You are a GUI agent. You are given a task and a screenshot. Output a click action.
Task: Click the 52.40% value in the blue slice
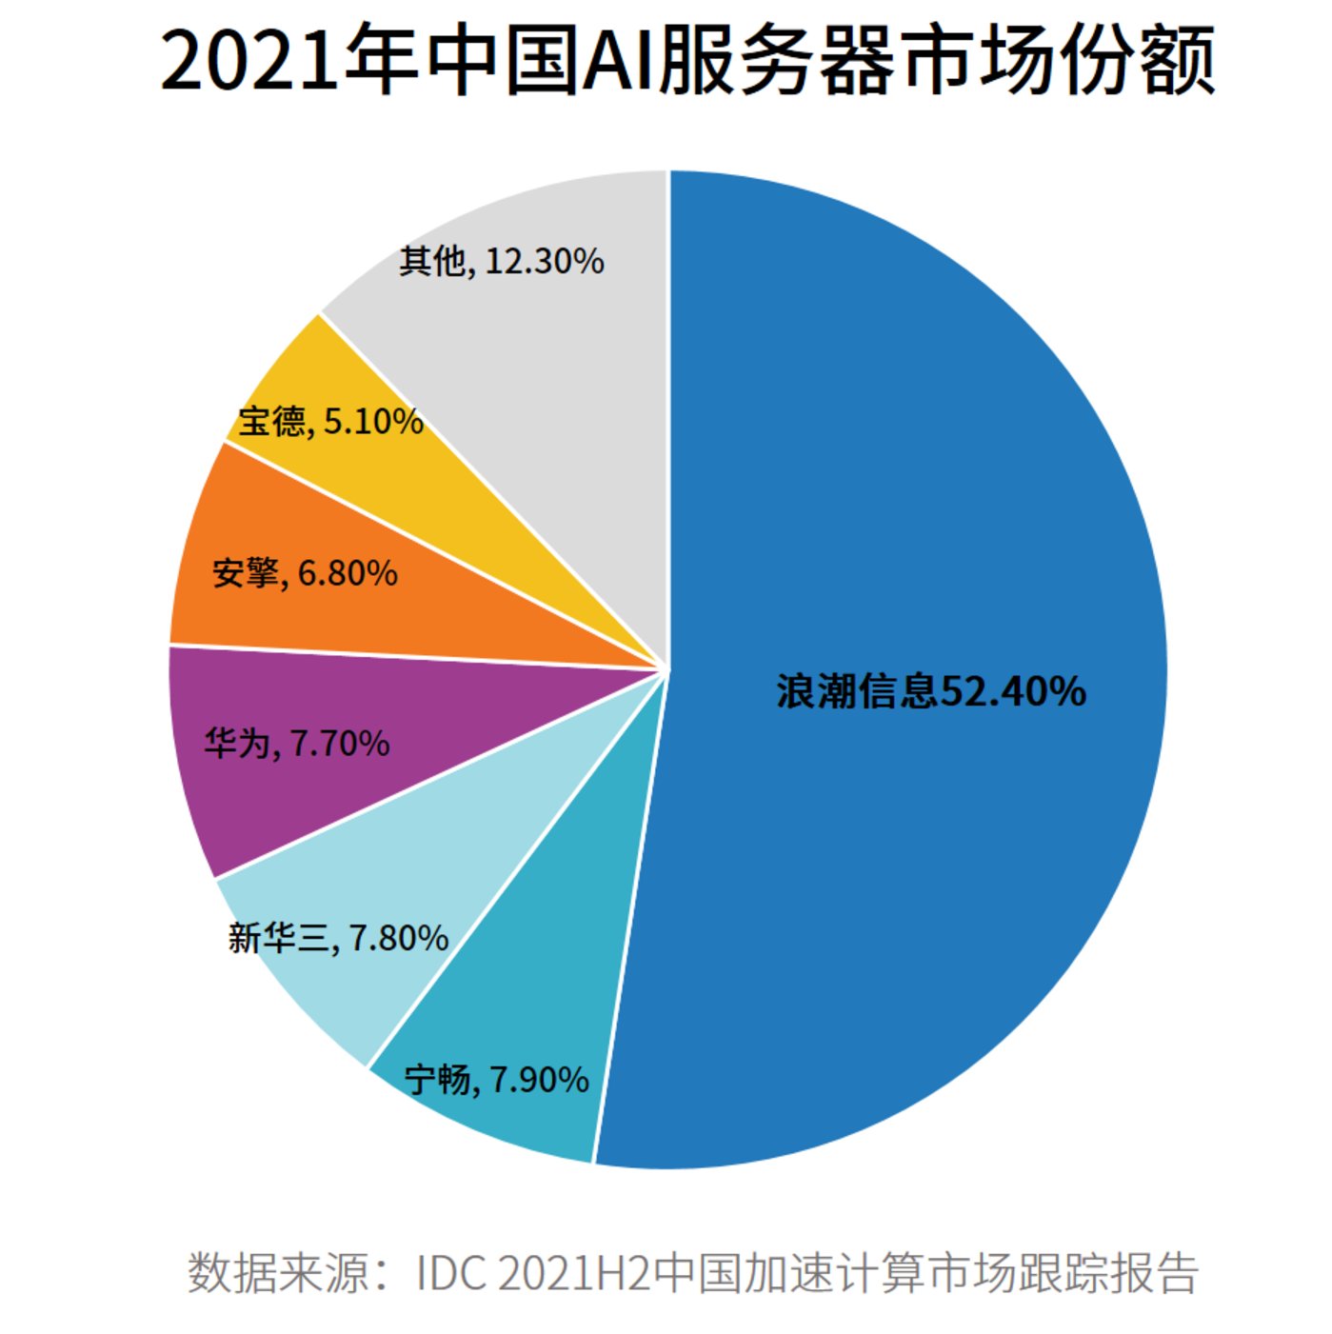[1014, 691]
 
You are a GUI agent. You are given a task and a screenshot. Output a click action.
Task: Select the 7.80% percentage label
[399, 938]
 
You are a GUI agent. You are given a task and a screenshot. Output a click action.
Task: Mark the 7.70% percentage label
[340, 743]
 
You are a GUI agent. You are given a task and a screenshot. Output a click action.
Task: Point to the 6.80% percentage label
[348, 573]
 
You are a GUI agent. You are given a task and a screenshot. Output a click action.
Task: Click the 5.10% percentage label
[373, 420]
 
